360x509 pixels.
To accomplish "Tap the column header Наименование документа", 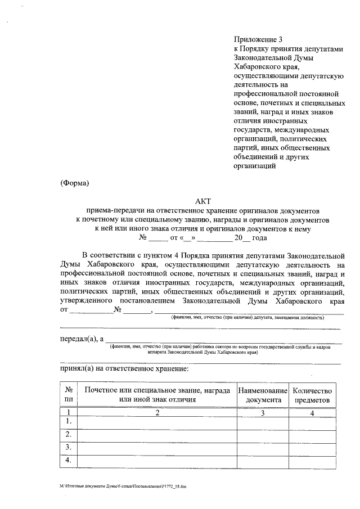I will click(x=263, y=395).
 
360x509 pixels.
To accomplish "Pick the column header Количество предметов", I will click(x=313, y=395).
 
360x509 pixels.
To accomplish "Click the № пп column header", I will click(x=69, y=395).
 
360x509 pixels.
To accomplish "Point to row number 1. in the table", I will click(x=69, y=421).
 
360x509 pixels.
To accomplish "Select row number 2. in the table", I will click(x=69, y=434).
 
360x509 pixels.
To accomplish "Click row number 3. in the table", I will click(x=69, y=448).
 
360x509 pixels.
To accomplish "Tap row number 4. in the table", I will click(x=69, y=461).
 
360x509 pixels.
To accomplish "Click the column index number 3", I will click(x=263, y=413).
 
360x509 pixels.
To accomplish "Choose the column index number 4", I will click(x=313, y=413).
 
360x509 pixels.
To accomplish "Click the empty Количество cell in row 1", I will click(x=313, y=422).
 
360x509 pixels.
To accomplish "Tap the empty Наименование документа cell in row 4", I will click(x=263, y=461).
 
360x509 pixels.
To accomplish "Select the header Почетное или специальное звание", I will click(x=157, y=390).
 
